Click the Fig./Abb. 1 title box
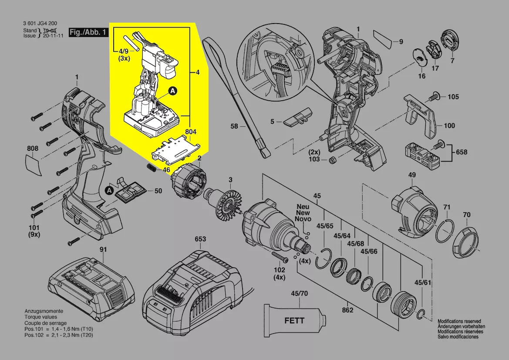88,33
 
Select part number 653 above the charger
200,239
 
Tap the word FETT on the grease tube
294,321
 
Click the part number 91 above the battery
103,250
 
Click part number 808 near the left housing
33,149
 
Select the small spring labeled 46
152,168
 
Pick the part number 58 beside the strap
235,126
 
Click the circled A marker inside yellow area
173,91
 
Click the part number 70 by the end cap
466,215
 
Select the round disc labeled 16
420,57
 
